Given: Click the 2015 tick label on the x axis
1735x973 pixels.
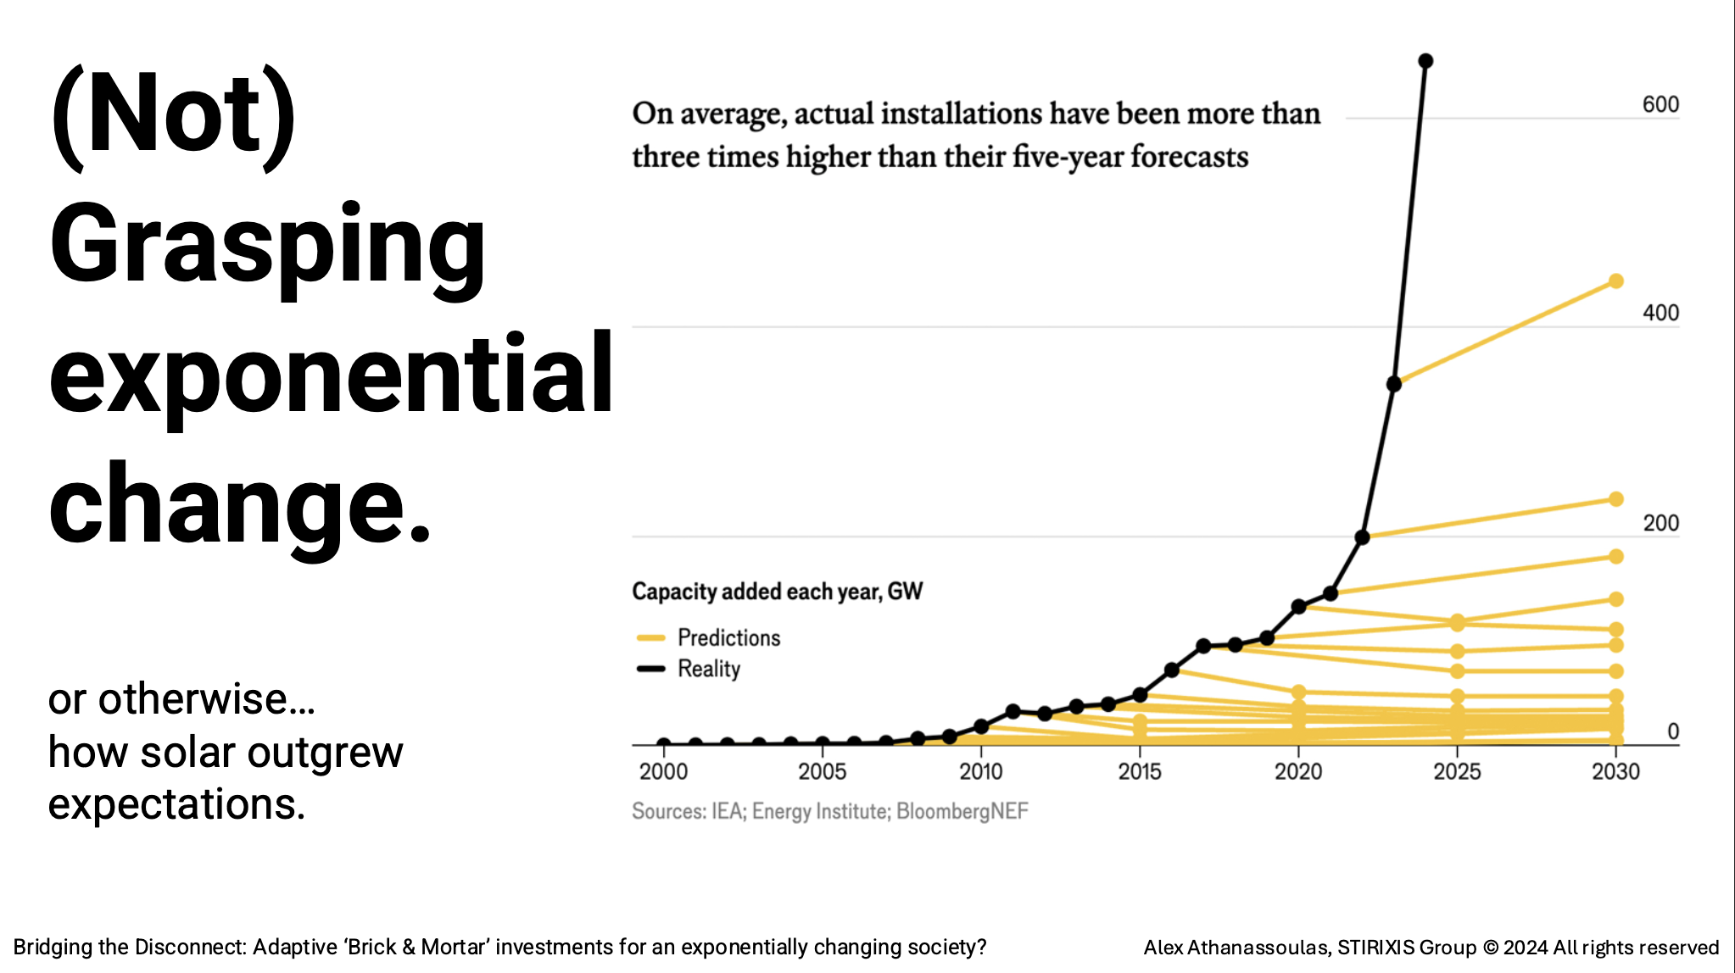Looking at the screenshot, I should (x=1140, y=771).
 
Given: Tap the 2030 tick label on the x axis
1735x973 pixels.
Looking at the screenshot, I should (x=1615, y=771).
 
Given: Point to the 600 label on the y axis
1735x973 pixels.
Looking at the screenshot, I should (x=1660, y=104).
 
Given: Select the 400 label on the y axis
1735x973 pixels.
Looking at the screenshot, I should (x=1660, y=313).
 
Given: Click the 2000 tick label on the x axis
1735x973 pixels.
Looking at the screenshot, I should (x=663, y=771).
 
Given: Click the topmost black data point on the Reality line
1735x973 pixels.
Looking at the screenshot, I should (x=1425, y=61).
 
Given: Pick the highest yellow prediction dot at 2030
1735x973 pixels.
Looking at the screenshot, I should (x=1615, y=281).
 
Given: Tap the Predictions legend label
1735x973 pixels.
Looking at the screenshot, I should (x=728, y=637).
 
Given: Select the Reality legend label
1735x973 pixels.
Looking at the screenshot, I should (x=709, y=669).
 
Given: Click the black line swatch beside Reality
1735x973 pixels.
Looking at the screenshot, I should (x=650, y=669).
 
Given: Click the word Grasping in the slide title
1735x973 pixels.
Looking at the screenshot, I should (x=267, y=246).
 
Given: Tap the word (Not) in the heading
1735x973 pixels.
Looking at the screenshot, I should (x=174, y=114).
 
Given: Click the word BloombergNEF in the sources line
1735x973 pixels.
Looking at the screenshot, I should (x=962, y=811).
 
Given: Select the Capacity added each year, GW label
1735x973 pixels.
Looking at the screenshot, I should (x=777, y=591).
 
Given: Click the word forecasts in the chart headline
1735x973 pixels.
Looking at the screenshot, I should (x=1189, y=157).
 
